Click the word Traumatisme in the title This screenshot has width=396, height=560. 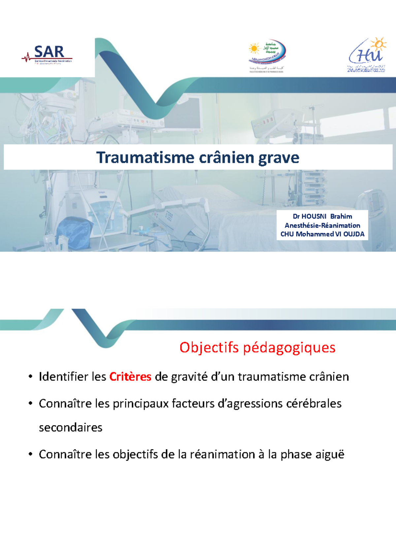(145, 158)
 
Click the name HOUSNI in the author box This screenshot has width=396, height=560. (314, 216)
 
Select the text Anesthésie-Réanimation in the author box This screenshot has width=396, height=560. (322, 225)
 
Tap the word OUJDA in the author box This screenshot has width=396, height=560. (354, 234)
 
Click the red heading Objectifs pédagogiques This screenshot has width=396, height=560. (257, 347)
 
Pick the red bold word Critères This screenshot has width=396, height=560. (130, 377)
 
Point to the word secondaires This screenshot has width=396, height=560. (71, 428)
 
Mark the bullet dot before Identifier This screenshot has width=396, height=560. (30, 377)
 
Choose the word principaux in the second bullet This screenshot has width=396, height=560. (141, 404)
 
